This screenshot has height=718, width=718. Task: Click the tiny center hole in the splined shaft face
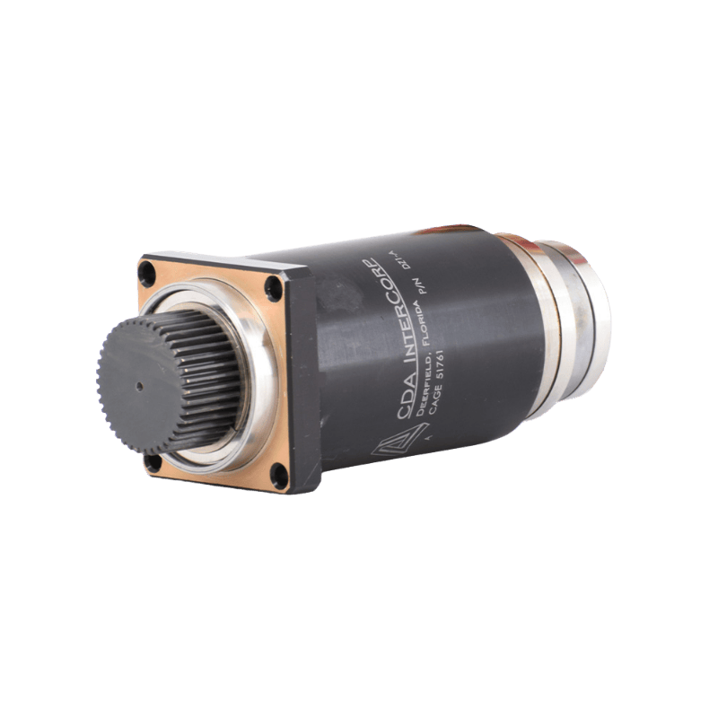point(139,386)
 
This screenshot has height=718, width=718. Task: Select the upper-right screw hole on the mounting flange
point(272,289)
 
